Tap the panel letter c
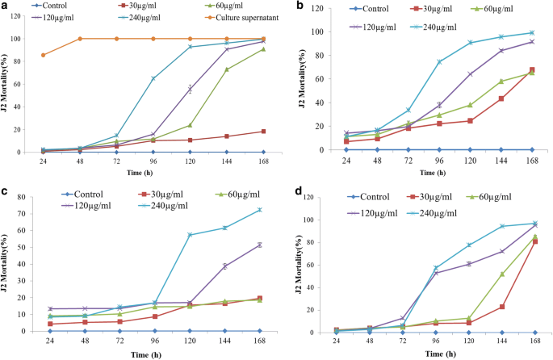6,192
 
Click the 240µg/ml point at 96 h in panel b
440,62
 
